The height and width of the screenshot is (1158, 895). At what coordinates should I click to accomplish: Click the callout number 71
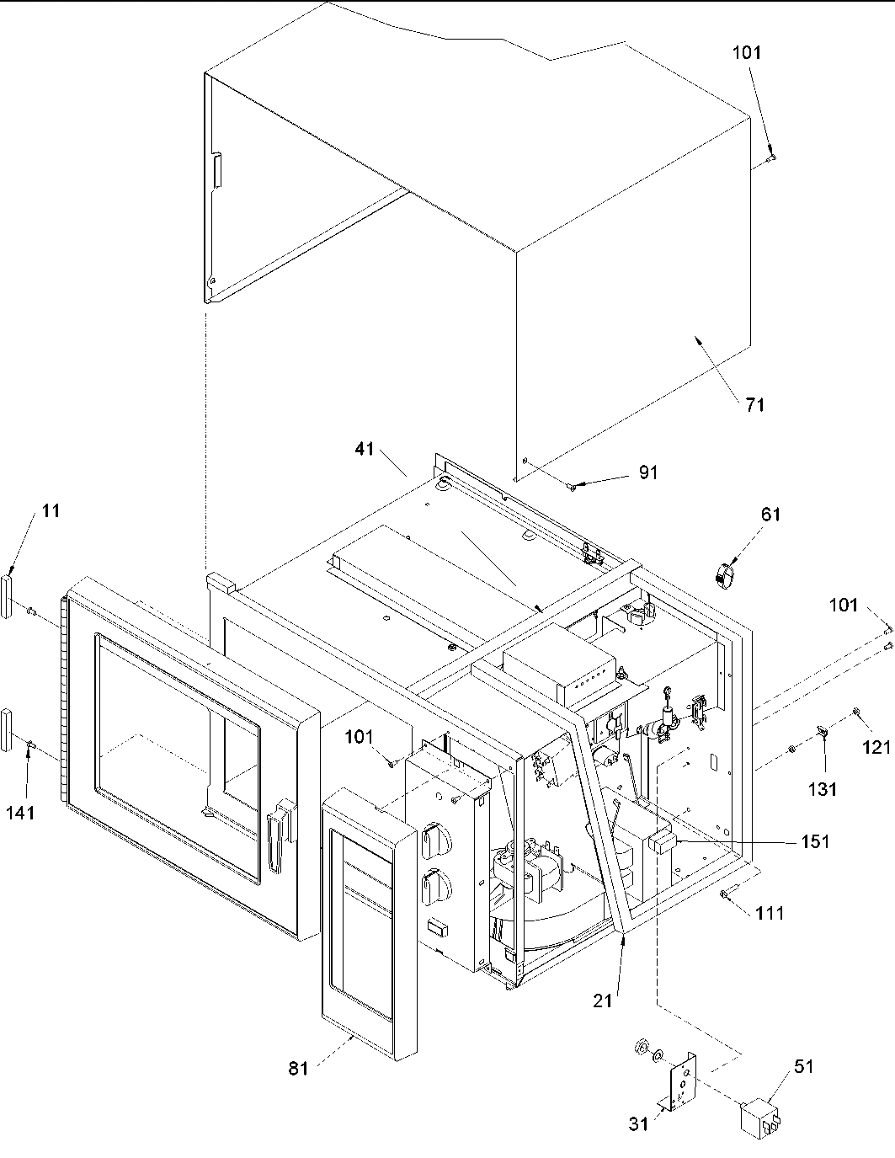754,404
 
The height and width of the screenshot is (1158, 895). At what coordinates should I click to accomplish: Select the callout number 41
364,450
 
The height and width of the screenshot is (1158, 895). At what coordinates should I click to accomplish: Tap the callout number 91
647,472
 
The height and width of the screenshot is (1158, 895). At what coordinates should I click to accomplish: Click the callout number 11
51,510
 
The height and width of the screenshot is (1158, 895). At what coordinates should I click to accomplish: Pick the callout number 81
299,1068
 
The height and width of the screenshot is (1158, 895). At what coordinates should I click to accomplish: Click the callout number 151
816,840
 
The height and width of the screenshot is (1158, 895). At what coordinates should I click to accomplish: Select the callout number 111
770,913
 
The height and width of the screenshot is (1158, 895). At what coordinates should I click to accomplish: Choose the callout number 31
640,1123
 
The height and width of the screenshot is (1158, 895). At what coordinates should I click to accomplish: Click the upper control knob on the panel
435,839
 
